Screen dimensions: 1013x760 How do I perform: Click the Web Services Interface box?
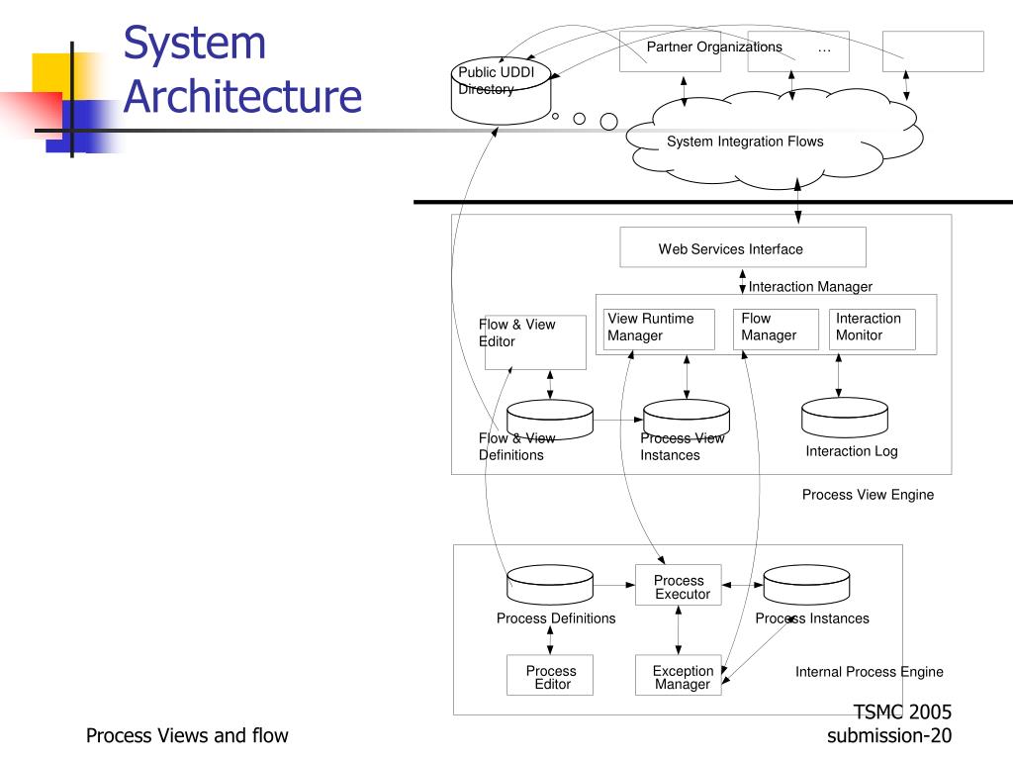tap(742, 246)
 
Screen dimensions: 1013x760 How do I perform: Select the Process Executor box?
tap(679, 586)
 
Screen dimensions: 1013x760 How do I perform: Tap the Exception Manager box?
tap(679, 675)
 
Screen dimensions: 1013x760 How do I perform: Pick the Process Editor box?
tap(550, 675)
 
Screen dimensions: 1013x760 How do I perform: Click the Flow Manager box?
tap(776, 330)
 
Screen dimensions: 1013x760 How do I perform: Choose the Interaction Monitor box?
tap(873, 330)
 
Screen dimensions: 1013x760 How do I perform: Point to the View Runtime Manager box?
tap(659, 330)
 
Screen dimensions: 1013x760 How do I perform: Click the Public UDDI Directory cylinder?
tap(501, 91)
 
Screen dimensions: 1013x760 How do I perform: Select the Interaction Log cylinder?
tap(845, 418)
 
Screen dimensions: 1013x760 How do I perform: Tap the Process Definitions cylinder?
tap(550, 585)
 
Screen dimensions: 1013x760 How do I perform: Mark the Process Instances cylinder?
tap(806, 585)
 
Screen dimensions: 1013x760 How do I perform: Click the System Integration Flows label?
tap(745, 142)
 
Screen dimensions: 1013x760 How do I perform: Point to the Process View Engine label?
tap(868, 495)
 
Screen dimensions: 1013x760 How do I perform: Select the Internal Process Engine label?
tap(869, 672)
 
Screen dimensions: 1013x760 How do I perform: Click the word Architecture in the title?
tap(242, 97)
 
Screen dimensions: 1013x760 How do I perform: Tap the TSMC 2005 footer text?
tap(902, 712)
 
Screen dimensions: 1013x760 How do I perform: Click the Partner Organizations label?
tap(714, 47)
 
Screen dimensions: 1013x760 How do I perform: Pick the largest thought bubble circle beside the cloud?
tap(608, 122)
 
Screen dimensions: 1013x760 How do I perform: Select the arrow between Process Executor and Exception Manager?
tap(679, 630)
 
